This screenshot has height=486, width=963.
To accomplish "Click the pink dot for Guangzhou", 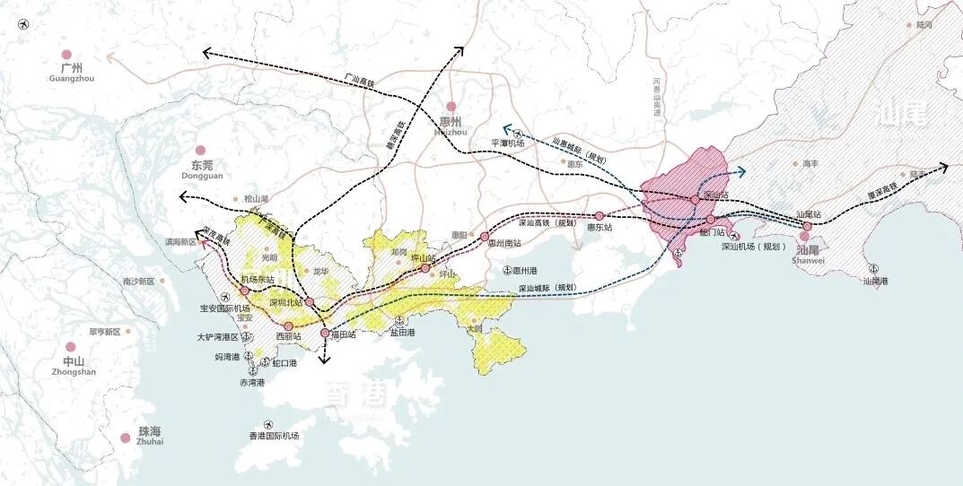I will (x=65, y=55).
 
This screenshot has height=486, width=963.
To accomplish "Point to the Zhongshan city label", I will (x=73, y=366).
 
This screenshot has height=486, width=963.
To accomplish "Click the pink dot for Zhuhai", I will (x=125, y=438).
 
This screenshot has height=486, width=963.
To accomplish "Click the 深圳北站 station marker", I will (x=309, y=302).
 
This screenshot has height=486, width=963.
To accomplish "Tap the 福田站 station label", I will (x=344, y=334).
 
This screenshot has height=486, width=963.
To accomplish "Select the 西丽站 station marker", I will (x=289, y=326).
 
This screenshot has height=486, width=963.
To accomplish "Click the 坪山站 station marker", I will (x=425, y=268).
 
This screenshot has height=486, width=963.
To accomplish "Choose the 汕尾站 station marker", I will (x=807, y=226).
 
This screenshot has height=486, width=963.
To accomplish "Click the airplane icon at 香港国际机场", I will (x=267, y=424).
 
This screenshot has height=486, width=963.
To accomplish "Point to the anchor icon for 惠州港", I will (x=506, y=270).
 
